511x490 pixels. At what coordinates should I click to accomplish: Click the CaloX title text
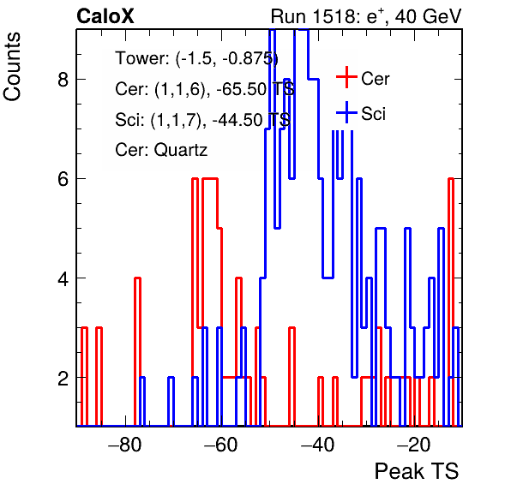(x=105, y=16)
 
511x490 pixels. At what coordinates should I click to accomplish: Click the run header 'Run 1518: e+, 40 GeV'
(x=366, y=16)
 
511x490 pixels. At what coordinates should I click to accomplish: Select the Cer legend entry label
(x=375, y=79)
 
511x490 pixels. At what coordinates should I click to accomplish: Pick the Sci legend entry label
(x=373, y=114)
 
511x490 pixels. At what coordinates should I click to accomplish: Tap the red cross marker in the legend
(x=346, y=77)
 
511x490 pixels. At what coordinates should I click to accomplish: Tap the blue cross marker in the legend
(x=346, y=113)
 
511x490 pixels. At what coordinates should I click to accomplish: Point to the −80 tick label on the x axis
(x=125, y=445)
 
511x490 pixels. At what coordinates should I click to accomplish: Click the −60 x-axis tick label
(x=221, y=445)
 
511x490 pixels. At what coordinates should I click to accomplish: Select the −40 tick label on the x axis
(x=318, y=445)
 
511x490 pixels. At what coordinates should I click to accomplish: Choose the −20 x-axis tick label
(x=414, y=445)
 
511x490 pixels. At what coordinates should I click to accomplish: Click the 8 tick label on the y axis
(x=63, y=79)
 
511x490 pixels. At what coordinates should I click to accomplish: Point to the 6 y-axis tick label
(x=63, y=179)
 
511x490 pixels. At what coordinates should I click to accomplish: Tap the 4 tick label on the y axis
(x=63, y=278)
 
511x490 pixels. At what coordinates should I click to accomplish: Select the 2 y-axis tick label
(x=63, y=378)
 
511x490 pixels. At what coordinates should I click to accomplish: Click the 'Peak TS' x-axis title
(x=417, y=471)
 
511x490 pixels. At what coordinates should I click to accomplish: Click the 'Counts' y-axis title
(x=12, y=67)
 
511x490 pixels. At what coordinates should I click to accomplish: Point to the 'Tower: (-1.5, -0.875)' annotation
(x=197, y=59)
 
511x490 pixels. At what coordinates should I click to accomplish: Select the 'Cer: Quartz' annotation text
(x=161, y=150)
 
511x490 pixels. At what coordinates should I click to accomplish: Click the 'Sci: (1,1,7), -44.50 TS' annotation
(x=202, y=120)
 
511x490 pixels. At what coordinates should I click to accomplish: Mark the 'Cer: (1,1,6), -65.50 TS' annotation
(x=205, y=89)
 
